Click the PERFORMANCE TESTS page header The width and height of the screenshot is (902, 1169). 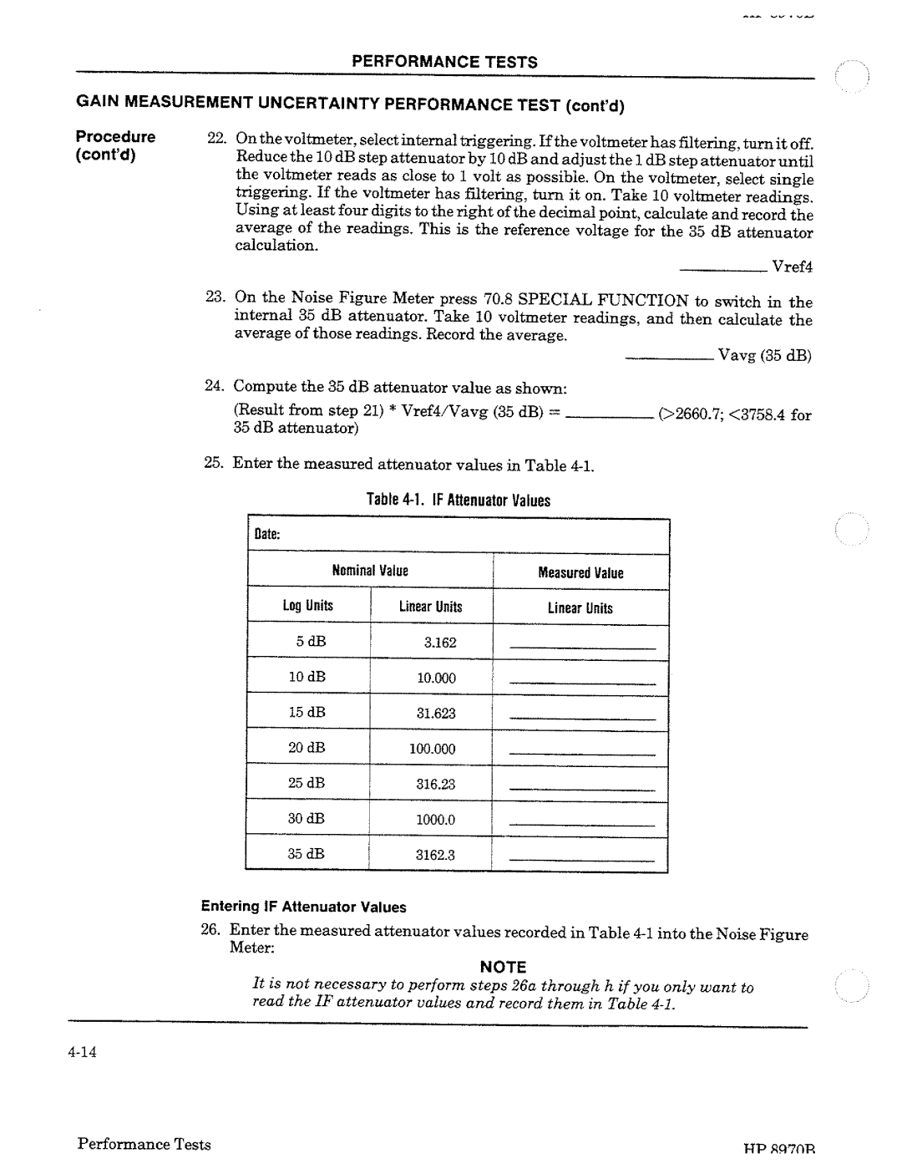point(443,62)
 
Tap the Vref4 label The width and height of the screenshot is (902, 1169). point(792,267)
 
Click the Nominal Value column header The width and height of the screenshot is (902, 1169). point(370,572)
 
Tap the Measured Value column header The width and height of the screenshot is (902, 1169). point(580,572)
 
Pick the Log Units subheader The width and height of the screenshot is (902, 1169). point(307,607)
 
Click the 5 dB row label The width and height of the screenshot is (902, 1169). point(307,643)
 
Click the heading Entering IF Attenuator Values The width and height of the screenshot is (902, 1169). point(303,907)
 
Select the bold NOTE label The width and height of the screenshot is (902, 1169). point(502,968)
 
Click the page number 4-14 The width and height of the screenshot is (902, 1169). point(84,1051)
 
